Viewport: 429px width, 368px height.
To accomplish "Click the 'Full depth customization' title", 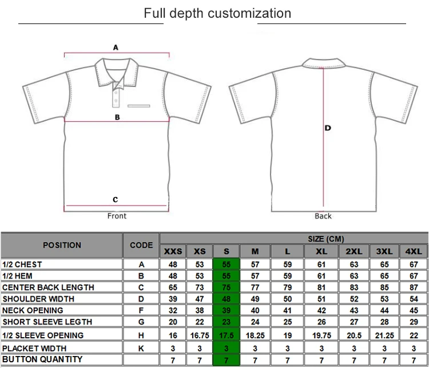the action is [x=217, y=13].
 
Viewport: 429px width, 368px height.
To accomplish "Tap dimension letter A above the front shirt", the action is [x=116, y=48].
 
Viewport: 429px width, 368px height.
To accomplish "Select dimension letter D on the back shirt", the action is [x=328, y=128].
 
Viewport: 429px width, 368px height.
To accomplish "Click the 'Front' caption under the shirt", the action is [x=117, y=216].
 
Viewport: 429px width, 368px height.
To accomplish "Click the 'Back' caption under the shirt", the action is [x=323, y=216].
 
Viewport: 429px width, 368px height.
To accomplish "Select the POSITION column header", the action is [x=62, y=245].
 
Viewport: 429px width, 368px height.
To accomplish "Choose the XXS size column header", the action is [x=173, y=252].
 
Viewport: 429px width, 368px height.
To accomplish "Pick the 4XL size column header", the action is [x=413, y=252].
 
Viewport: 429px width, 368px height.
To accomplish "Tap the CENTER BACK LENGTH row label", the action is [x=48, y=287].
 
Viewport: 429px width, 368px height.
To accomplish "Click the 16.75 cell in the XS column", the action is [x=200, y=335].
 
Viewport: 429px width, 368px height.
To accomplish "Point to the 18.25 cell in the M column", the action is [x=255, y=335].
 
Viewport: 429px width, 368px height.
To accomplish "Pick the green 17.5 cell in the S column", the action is [x=227, y=335].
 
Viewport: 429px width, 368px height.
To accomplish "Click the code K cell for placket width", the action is [x=141, y=348].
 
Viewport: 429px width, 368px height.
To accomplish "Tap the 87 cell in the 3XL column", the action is [x=384, y=287].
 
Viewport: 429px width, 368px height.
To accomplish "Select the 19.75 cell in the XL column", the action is [x=323, y=335].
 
